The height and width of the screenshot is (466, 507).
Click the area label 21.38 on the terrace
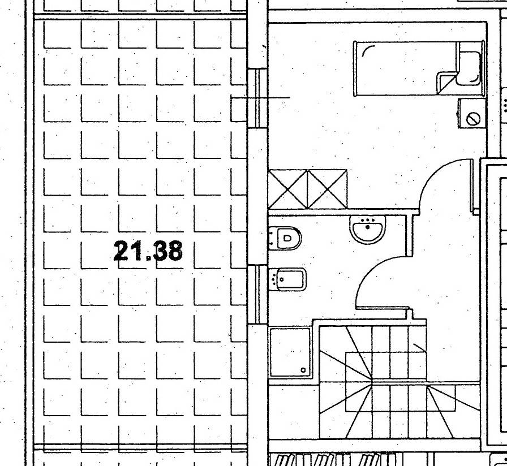[148, 251]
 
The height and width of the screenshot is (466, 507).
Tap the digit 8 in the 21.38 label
[173, 251]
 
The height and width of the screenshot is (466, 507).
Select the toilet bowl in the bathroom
[285, 238]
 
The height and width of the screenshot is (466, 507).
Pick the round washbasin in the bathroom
[368, 229]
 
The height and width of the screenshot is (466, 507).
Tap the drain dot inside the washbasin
[368, 227]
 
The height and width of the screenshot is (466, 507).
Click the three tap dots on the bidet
[274, 279]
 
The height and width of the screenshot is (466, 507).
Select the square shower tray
[290, 352]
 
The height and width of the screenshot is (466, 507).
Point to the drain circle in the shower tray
[303, 370]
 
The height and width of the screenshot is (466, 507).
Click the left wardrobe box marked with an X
[288, 189]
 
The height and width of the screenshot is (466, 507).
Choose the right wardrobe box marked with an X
[327, 189]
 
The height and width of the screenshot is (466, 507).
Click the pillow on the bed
[469, 68]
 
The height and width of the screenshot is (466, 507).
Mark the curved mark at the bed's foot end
[368, 50]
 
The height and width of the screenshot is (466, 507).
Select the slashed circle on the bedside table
[472, 118]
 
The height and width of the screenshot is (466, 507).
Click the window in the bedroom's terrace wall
[257, 98]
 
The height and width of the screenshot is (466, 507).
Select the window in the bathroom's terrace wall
[257, 295]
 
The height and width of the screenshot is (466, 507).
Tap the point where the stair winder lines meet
[372, 381]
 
